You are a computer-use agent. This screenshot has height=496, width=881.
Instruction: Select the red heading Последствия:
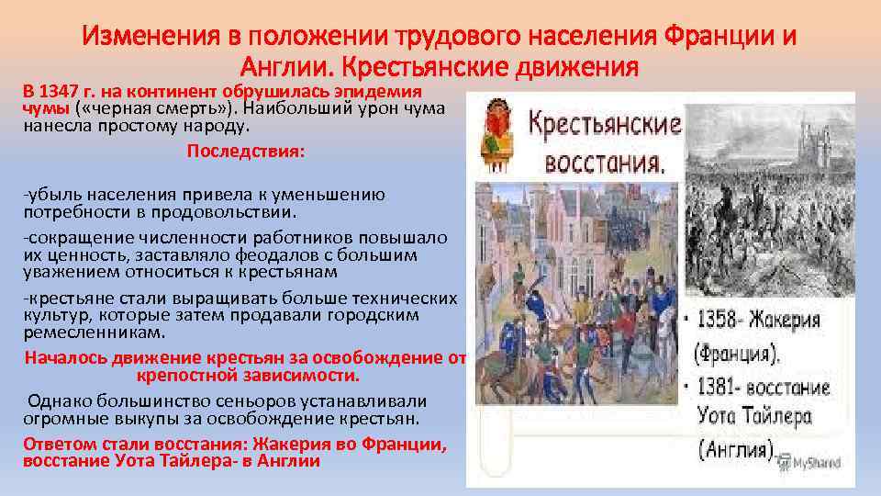tap(244, 151)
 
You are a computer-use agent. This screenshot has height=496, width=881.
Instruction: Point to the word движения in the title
tap(566, 67)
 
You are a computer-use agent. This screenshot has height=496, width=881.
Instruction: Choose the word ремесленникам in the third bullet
tap(95, 332)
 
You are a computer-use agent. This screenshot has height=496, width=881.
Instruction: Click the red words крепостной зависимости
tap(248, 376)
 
